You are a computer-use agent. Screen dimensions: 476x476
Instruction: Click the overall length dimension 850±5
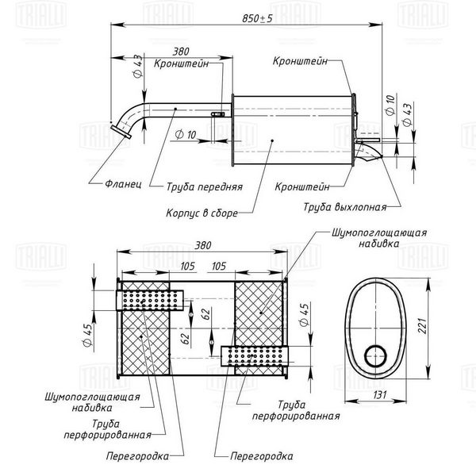pos(257,18)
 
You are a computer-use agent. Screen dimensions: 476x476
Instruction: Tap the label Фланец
pos(123,184)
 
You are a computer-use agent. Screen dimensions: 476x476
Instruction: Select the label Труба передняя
pos(205,186)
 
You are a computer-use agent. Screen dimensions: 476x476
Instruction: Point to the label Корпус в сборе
pos(202,213)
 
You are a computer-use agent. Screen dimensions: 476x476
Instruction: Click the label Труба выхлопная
pos(345,207)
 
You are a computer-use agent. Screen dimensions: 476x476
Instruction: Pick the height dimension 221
pos(423,326)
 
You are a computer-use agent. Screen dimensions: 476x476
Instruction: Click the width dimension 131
pos(380,394)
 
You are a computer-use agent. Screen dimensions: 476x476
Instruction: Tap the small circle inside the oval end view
pos(376,356)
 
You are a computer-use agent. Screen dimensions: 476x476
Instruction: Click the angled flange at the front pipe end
pos(121,132)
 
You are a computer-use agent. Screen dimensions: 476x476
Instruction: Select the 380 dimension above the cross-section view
pos(202,245)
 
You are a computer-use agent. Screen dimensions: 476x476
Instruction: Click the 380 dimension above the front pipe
pos(181,52)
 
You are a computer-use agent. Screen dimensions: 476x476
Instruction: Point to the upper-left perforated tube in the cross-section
pos(150,300)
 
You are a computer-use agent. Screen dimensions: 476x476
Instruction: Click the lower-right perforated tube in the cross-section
pos(255,356)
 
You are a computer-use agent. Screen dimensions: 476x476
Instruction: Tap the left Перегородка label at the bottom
pos(137,456)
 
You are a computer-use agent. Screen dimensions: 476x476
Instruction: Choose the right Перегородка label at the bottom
pos(262,456)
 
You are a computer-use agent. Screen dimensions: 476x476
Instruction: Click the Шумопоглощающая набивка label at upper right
pos(379,238)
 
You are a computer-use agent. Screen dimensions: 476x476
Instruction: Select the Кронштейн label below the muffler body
pos(302,186)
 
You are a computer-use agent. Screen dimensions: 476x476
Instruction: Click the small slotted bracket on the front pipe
pos(217,114)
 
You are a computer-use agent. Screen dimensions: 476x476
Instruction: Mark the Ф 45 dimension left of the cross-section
pos(87,335)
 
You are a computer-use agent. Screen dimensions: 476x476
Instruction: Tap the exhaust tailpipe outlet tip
pos(380,156)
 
